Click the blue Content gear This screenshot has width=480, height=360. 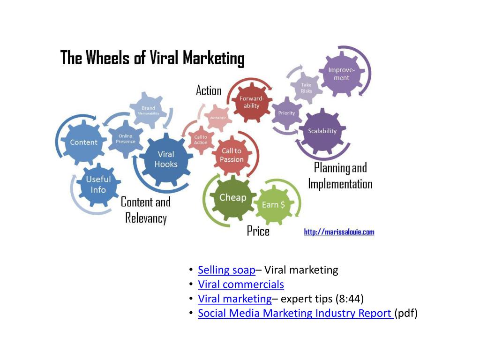[83, 142]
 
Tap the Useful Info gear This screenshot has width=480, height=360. [98, 184]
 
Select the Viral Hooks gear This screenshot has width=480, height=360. [166, 159]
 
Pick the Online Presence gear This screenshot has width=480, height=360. [126, 139]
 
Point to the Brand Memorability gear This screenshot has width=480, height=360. [148, 111]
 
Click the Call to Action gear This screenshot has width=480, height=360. [201, 140]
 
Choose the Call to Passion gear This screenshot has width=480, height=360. [232, 155]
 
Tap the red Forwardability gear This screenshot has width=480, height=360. [252, 102]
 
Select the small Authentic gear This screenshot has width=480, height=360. [218, 118]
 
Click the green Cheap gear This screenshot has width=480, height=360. [232, 197]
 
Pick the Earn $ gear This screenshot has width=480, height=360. [273, 205]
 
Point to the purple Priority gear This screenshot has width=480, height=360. [286, 113]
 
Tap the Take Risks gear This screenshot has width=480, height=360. [306, 88]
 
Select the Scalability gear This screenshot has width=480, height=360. [322, 131]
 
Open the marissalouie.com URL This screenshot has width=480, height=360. [339, 232]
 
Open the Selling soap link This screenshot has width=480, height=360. [226, 270]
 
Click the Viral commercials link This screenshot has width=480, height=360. [241, 285]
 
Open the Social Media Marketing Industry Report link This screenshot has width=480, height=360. [295, 313]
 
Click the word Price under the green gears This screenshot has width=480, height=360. [258, 231]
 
